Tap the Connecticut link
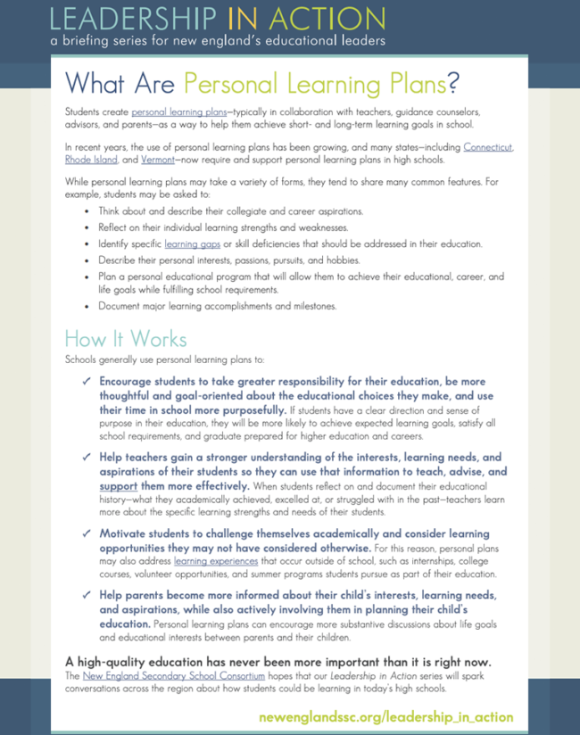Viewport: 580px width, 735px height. [x=488, y=146]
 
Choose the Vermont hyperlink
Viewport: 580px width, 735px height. [x=157, y=159]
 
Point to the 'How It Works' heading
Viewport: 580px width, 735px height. [x=126, y=339]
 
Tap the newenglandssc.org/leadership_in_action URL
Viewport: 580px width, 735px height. [x=385, y=716]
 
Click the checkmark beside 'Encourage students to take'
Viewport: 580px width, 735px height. [x=86, y=381]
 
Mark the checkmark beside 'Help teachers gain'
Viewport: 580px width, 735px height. [x=86, y=457]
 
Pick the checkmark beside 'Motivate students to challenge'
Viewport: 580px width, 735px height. [x=86, y=533]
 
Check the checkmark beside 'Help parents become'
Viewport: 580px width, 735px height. [x=86, y=595]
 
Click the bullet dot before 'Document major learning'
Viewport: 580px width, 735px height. [x=86, y=306]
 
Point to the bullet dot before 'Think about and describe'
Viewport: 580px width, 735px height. [x=86, y=211]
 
